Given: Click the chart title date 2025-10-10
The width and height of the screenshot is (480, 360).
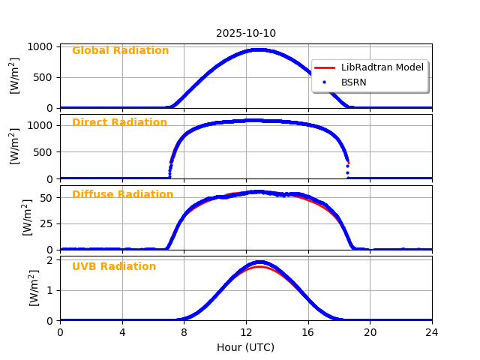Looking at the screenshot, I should point(246,33).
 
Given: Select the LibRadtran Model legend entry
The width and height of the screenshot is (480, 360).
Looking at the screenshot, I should point(382,67).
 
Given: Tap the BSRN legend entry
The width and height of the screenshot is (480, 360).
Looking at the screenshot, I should point(353,82).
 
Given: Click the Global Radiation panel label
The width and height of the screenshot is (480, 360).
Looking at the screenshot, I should point(120,51).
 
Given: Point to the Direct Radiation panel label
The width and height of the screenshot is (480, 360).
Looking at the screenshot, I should point(119,123).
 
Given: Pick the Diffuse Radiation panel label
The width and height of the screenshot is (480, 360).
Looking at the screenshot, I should point(122,195).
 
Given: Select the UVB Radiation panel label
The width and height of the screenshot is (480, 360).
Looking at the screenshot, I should point(114,267).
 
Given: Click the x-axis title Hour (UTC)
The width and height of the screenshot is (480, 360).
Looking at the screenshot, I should point(246,347).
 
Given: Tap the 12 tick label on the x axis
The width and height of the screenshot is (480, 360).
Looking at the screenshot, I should point(246,332).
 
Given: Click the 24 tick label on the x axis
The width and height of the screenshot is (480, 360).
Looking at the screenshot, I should point(432,332).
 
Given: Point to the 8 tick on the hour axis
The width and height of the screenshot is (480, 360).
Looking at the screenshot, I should point(184,332).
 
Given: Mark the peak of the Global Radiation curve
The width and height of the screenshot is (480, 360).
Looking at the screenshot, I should point(257,49).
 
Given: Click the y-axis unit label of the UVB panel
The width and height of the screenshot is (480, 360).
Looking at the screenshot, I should point(34,287).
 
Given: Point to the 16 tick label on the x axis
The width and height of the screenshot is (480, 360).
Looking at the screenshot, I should point(308,332).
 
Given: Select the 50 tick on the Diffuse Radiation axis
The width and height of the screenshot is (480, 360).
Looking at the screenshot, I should point(46,198).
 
